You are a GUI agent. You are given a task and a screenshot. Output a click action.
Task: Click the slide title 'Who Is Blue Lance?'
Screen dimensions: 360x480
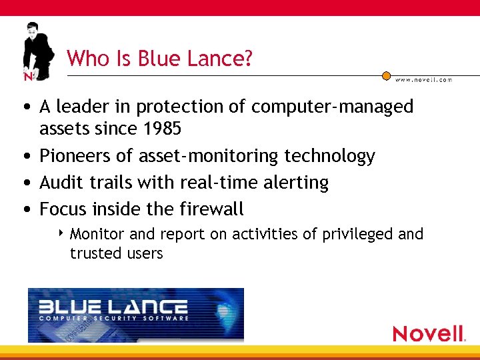pyautogui.click(x=160, y=59)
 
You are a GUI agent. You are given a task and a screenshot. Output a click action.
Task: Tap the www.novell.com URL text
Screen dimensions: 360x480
pyautogui.click(x=423, y=79)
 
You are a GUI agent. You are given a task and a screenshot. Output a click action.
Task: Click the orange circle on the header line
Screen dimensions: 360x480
pyautogui.click(x=386, y=76)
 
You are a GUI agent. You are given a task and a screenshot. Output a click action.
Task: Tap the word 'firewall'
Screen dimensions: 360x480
pyautogui.click(x=212, y=209)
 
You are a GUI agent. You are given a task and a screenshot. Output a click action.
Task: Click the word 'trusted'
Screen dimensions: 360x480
pyautogui.click(x=94, y=253)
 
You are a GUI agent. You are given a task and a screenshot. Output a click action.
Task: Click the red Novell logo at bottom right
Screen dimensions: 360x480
pyautogui.click(x=429, y=333)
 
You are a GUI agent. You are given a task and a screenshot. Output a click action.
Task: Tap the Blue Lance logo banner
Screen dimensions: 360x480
pyautogui.click(x=136, y=315)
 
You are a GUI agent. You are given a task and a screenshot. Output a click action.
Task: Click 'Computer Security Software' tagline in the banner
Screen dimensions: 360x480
pyautogui.click(x=113, y=318)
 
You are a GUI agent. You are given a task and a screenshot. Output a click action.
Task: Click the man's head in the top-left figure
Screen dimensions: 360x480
pyautogui.click(x=32, y=30)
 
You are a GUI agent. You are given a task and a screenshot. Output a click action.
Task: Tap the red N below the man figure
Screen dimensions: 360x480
pyautogui.click(x=28, y=76)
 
